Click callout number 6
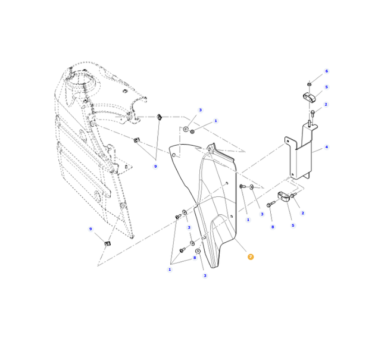[x=327, y=71]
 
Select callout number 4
[x=327, y=147]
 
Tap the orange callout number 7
[x=251, y=257]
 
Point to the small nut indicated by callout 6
[x=310, y=84]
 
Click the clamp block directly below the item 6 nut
[x=309, y=97]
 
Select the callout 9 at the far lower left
[x=90, y=229]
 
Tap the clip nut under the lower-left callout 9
[x=107, y=243]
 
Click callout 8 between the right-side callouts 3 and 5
[x=273, y=227]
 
